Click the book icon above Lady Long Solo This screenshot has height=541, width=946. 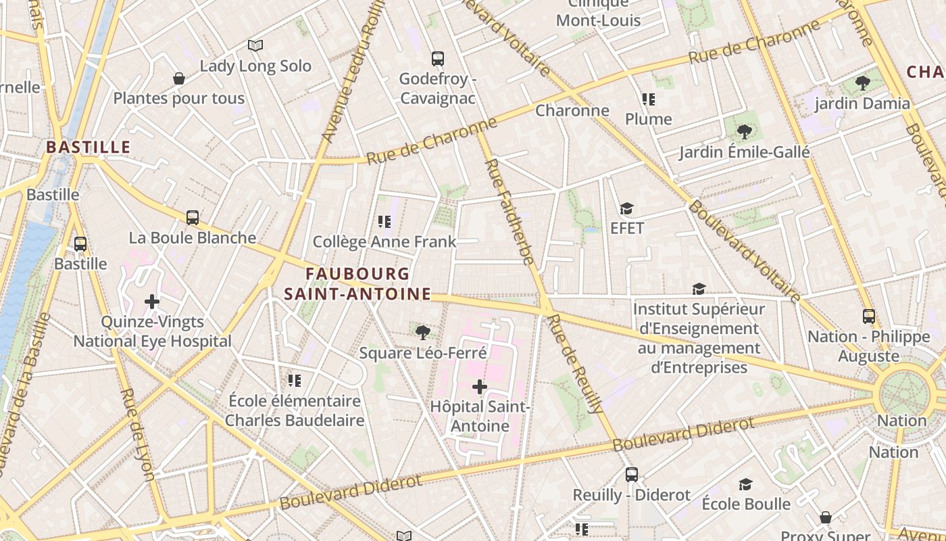(x=255, y=45)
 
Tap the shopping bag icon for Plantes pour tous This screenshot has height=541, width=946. (x=179, y=79)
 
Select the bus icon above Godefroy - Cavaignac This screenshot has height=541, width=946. (x=438, y=59)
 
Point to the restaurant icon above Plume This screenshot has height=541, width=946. (x=649, y=99)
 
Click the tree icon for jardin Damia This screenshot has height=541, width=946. (x=862, y=84)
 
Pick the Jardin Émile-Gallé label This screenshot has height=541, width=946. (x=744, y=152)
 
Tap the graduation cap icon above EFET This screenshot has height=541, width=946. (x=627, y=209)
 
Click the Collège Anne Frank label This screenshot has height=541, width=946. (x=384, y=241)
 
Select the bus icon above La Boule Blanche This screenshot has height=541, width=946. (x=193, y=218)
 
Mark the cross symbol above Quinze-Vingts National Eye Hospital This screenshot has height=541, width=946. (x=152, y=302)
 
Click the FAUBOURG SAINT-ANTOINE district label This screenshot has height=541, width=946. (x=357, y=284)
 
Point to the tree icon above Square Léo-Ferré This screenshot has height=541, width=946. (x=423, y=332)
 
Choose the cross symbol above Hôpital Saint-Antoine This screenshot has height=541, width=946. (x=480, y=387)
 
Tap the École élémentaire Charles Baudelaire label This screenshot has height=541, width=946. (x=295, y=410)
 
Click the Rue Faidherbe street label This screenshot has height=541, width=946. (x=509, y=212)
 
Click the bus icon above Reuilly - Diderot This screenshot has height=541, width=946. (x=632, y=475)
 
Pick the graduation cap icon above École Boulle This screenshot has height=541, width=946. (x=746, y=484)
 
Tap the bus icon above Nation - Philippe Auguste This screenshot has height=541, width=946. (x=869, y=316)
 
